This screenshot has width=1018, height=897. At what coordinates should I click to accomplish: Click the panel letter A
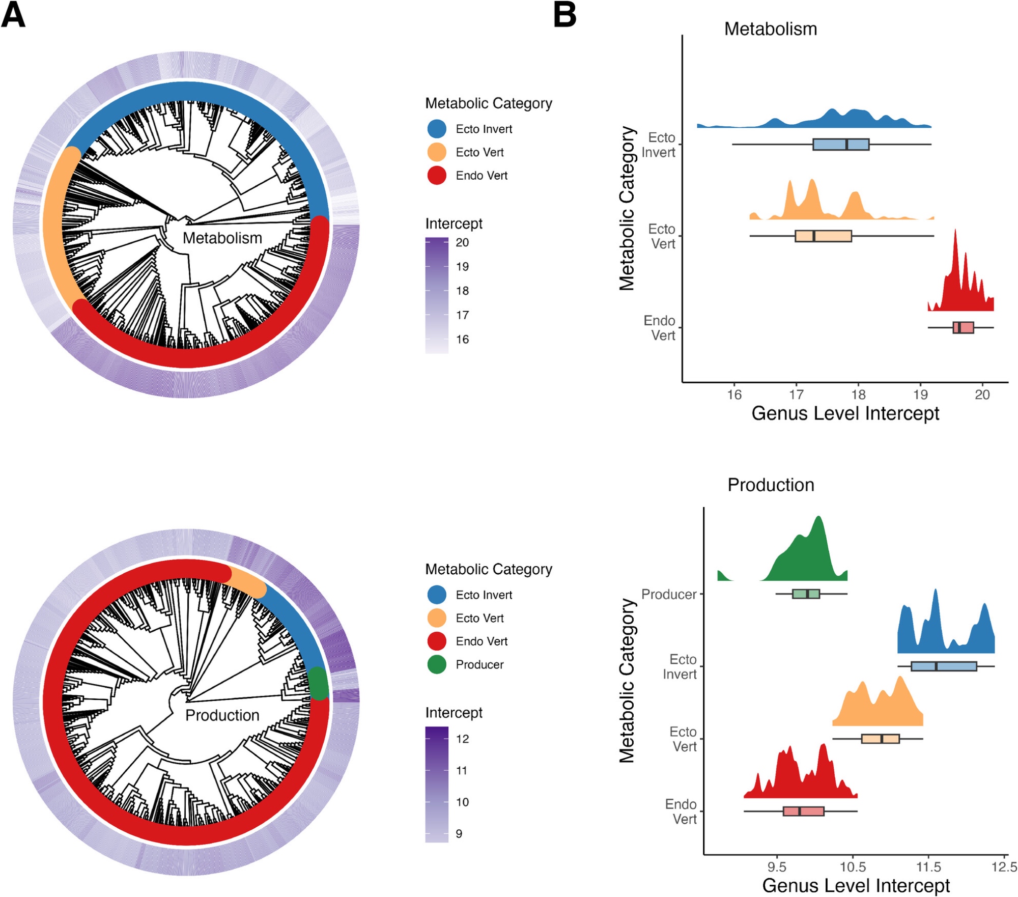(x=13, y=15)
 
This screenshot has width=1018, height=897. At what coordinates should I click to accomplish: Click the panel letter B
(x=564, y=15)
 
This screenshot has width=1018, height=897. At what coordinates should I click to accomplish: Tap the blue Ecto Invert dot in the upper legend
(x=437, y=129)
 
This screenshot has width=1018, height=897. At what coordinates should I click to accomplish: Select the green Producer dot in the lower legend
(x=437, y=664)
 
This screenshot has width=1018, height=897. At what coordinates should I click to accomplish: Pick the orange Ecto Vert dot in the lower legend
(x=437, y=618)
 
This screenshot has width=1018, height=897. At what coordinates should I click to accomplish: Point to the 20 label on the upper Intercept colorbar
(x=462, y=243)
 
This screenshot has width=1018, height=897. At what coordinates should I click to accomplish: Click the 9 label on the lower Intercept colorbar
(x=459, y=833)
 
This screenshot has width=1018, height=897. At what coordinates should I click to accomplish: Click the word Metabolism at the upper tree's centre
(x=222, y=238)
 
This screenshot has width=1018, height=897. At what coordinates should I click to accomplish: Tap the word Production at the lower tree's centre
(x=222, y=715)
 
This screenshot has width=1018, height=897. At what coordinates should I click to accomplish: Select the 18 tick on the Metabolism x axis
(x=858, y=395)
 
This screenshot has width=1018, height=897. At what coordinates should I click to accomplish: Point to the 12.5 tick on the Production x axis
(x=1004, y=866)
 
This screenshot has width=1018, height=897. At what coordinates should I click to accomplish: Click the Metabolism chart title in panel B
(x=770, y=29)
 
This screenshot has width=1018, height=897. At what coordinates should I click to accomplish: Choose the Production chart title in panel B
(x=771, y=485)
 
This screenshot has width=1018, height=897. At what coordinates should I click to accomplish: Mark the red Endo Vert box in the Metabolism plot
(x=963, y=327)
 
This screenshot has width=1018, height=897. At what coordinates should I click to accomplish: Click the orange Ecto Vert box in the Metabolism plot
(x=823, y=236)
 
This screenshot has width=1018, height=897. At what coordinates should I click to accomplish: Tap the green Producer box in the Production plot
(x=806, y=594)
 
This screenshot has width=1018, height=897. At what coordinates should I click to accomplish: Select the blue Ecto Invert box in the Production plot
(x=944, y=666)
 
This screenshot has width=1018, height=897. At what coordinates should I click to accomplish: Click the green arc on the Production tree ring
(x=319, y=683)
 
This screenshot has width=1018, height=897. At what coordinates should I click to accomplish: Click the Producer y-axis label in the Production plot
(x=668, y=594)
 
